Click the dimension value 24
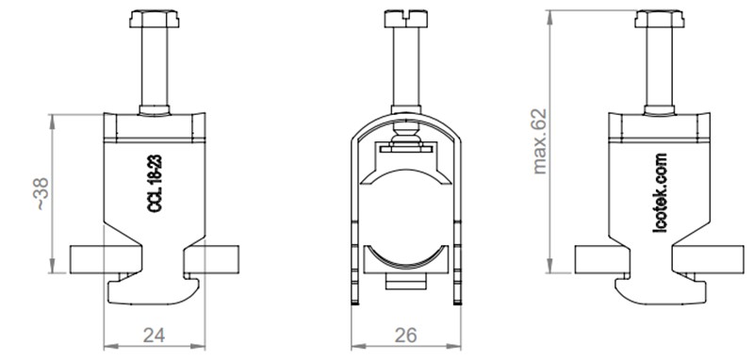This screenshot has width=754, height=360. click(x=154, y=335)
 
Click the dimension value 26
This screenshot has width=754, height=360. click(x=405, y=335)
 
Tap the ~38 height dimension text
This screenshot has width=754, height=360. click(x=41, y=194)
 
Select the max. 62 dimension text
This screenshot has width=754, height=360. click(x=539, y=141)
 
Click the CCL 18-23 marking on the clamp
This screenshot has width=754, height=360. click(x=155, y=184)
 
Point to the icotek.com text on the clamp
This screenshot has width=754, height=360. click(x=660, y=193)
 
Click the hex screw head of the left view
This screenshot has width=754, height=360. click(x=155, y=19)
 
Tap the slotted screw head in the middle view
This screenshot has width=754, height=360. click(x=406, y=18)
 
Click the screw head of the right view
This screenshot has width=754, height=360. click(x=659, y=19)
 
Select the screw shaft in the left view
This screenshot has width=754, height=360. click(x=155, y=67)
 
